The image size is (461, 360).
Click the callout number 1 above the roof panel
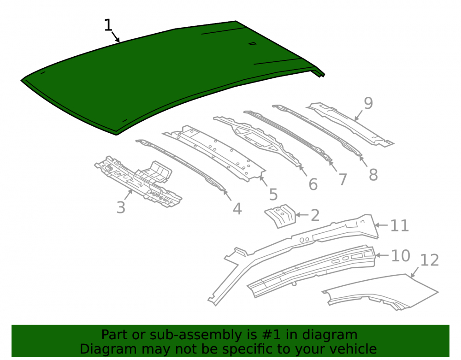108,25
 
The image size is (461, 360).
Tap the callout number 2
315,215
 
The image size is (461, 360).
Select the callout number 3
121,207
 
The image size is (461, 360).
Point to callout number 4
237,209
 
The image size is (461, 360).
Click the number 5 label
273,194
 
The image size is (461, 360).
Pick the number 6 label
313,184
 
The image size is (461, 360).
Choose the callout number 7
343,179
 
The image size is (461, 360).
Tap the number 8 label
373,175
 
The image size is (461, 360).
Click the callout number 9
368,103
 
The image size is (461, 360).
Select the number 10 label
401,256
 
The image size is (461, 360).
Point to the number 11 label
400,226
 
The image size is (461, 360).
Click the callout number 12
430,260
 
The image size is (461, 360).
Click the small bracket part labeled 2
280,216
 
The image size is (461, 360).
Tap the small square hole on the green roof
253,44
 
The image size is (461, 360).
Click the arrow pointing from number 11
382,225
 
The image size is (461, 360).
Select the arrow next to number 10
382,255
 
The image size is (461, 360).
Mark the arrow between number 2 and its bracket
301,215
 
